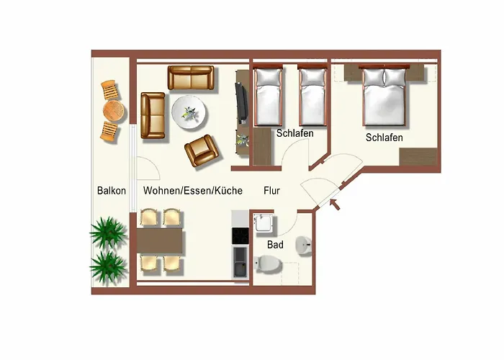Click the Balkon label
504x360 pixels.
click(112, 191)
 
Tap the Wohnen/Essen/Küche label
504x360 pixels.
click(192, 191)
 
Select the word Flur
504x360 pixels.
click(271, 191)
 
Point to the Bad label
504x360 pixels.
click(275, 245)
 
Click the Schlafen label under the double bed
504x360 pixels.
click(384, 138)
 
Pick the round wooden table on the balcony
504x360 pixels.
click(113, 110)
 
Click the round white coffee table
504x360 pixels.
click(190, 112)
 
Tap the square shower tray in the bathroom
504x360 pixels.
click(264, 223)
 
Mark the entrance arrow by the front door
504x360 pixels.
click(334, 207)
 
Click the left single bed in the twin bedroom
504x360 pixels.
click(266, 95)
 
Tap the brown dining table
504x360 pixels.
click(161, 241)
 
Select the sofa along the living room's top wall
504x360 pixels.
click(191, 78)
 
